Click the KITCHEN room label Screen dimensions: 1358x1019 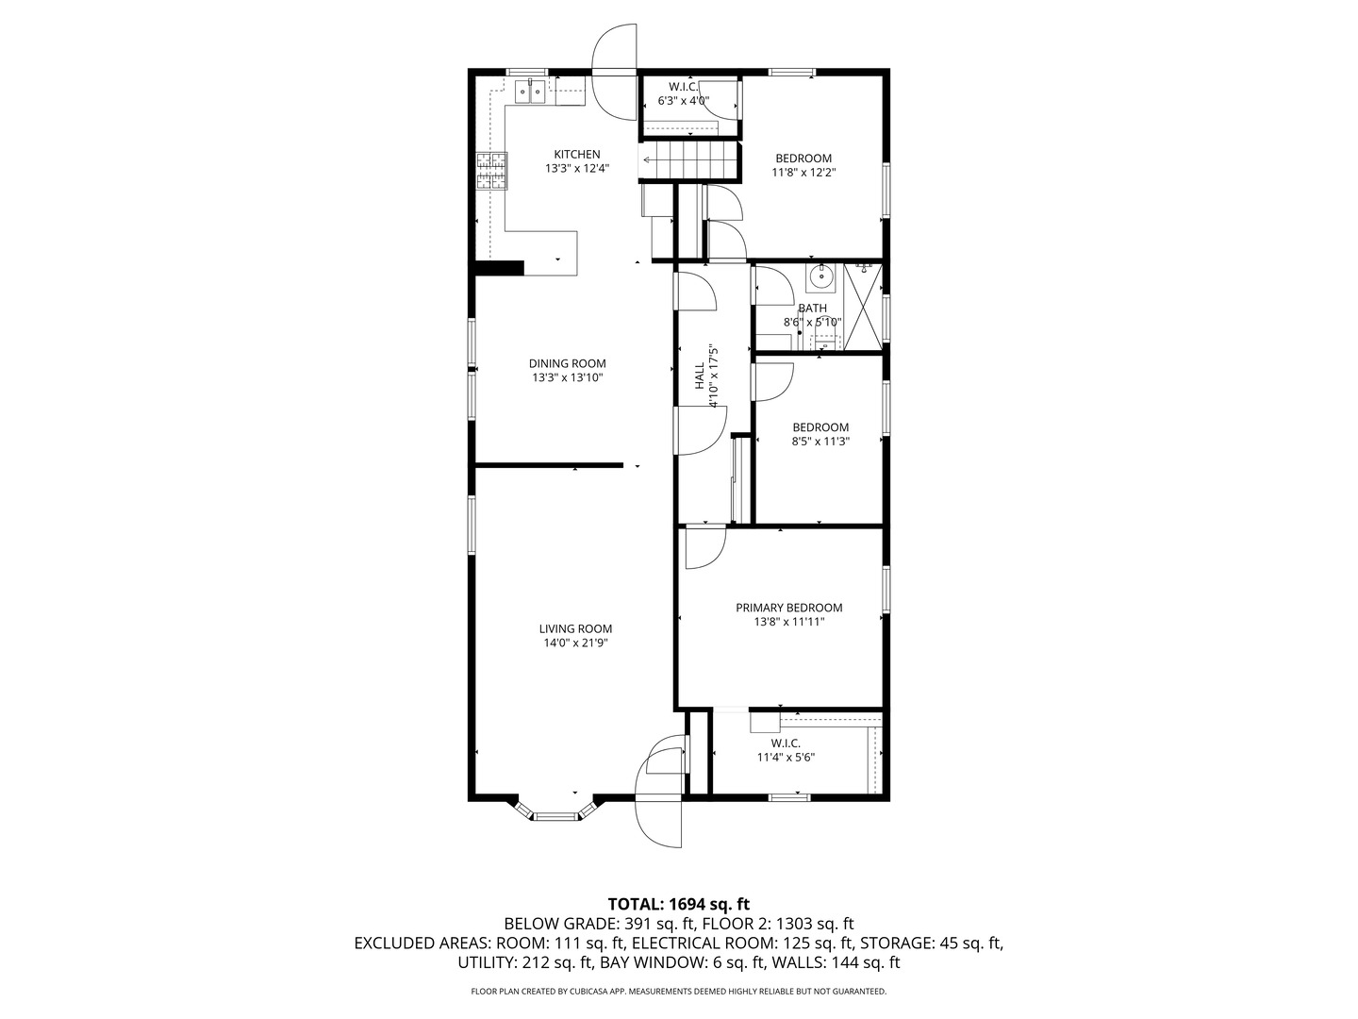[576, 154]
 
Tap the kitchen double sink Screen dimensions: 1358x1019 [97, 92]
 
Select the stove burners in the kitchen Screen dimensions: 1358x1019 [492, 170]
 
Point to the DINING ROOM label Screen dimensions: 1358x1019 [568, 363]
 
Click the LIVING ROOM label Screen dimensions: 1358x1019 [575, 628]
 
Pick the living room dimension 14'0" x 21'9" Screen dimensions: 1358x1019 [575, 643]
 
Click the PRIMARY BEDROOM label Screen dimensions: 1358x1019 [788, 608]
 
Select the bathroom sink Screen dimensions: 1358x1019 [821, 277]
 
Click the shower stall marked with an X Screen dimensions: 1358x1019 [863, 308]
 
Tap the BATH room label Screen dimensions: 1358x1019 [812, 308]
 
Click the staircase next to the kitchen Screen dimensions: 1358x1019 [688, 160]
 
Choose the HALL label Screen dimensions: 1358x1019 [700, 376]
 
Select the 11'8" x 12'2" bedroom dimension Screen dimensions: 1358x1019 [803, 173]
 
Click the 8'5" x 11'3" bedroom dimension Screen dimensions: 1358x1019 [820, 442]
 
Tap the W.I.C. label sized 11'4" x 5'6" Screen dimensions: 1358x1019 [786, 743]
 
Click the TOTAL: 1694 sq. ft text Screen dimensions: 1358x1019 [679, 904]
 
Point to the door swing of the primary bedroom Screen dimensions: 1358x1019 [705, 547]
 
